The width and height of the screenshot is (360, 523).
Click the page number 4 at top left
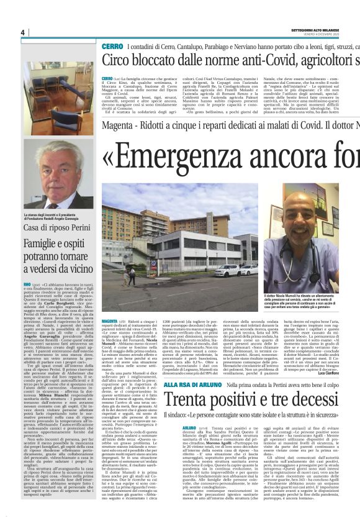click(x=22, y=32)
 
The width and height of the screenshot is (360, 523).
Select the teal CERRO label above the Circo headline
click(x=112, y=47)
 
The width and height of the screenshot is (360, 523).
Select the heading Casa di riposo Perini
click(x=58, y=225)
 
